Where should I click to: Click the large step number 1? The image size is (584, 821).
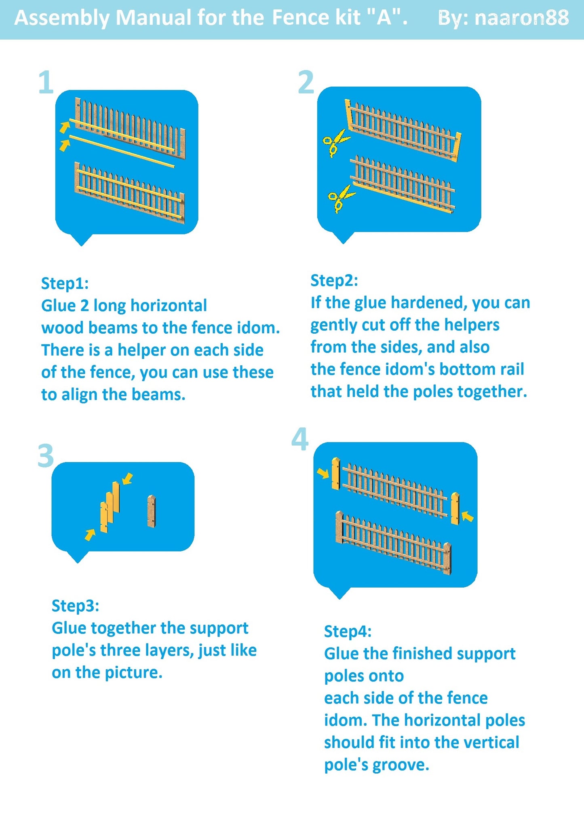click(46, 83)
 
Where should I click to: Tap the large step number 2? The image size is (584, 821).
click(306, 82)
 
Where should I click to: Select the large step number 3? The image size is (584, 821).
click(46, 455)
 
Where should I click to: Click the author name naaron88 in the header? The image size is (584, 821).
click(521, 18)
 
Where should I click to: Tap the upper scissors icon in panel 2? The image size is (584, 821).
click(336, 142)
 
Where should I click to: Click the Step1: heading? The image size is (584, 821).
click(65, 284)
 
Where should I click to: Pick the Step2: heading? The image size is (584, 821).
click(334, 280)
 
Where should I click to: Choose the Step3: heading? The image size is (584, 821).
click(76, 606)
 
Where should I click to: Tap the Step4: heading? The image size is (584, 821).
click(348, 631)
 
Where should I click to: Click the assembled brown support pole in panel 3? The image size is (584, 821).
click(152, 511)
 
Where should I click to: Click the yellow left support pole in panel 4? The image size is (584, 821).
click(336, 474)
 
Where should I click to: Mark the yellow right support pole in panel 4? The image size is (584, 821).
click(455, 508)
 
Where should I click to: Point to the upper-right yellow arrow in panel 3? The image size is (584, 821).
click(127, 478)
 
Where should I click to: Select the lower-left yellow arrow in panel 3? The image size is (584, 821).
click(90, 535)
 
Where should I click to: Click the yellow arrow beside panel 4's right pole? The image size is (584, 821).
click(468, 516)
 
